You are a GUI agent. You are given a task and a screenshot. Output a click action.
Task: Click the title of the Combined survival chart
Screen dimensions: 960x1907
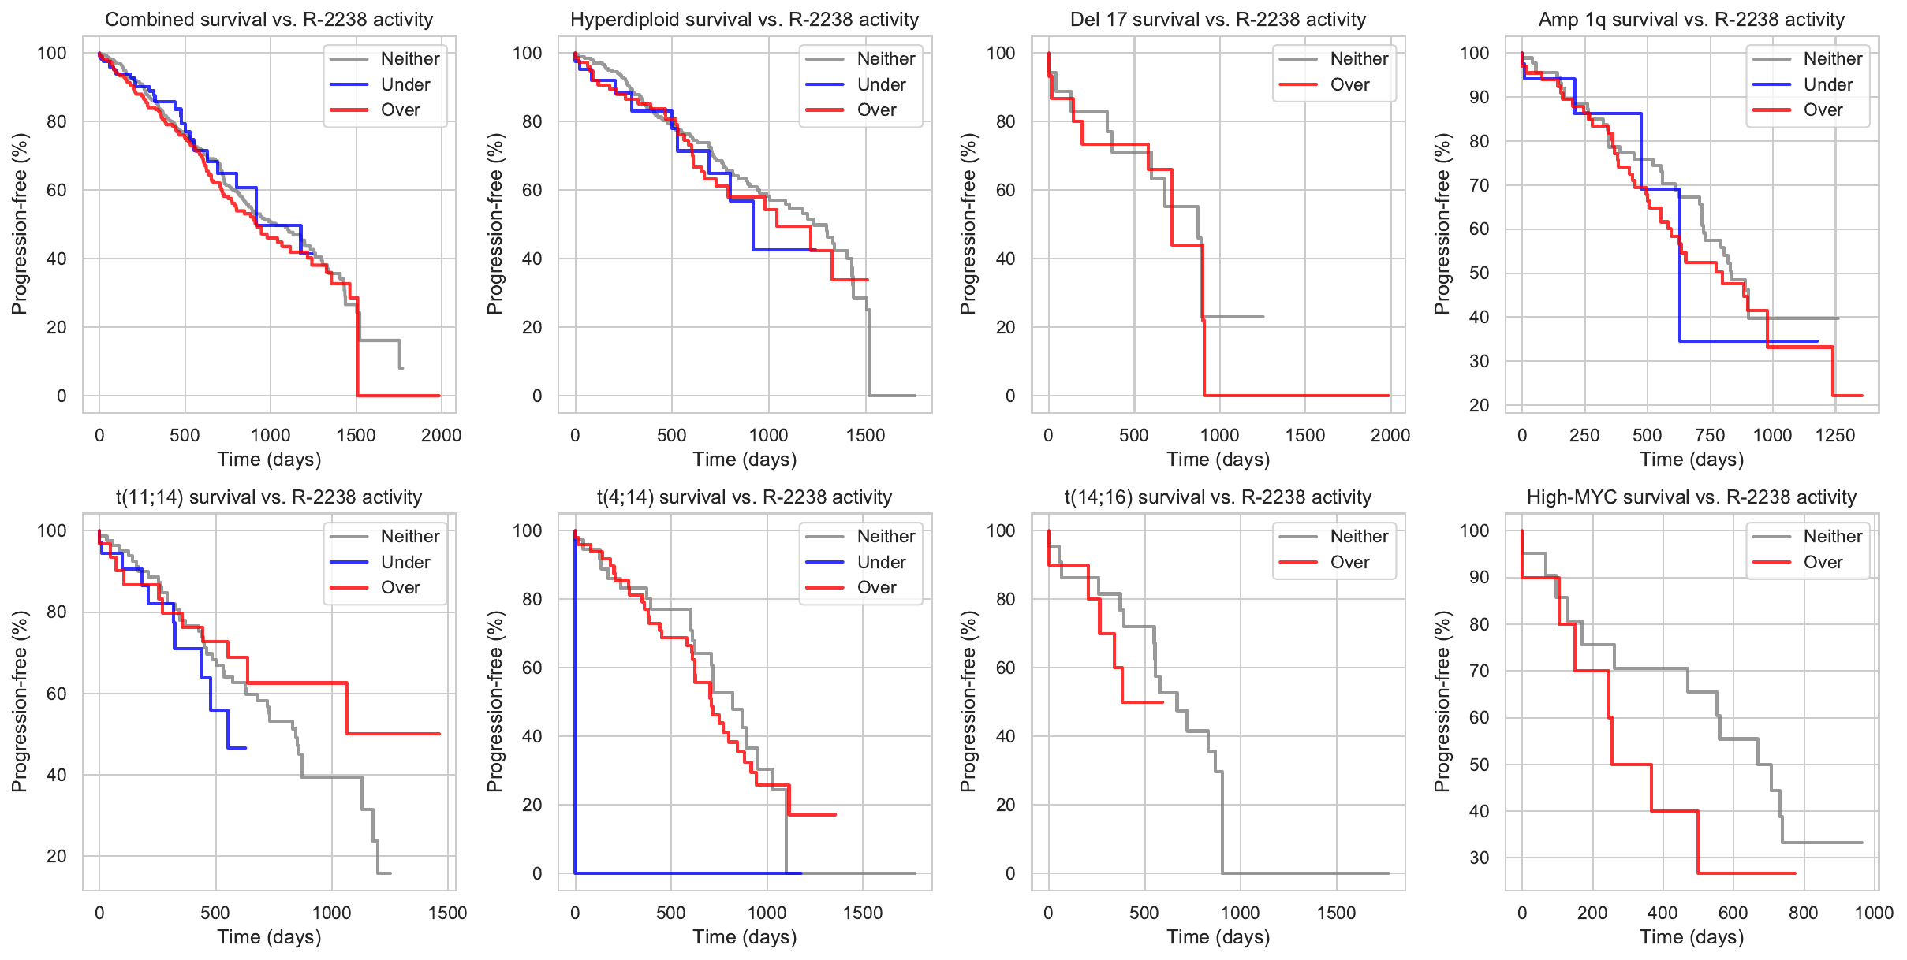269,20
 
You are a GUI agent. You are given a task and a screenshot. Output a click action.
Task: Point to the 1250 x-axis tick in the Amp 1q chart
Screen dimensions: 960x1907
1835,435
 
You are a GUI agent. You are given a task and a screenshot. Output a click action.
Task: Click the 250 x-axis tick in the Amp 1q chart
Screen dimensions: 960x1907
1584,435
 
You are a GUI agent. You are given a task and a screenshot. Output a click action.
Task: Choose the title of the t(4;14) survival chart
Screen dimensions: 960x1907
744,497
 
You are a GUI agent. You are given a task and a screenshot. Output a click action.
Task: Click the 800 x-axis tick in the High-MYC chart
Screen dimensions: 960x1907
1804,913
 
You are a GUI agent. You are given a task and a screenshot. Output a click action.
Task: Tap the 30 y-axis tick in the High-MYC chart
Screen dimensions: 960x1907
1479,858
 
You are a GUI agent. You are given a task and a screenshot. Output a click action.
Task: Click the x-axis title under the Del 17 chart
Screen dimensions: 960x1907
1218,460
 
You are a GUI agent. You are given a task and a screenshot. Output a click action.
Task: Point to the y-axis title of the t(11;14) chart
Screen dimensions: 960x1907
20,701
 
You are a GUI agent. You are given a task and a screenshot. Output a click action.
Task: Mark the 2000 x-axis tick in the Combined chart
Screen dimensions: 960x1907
441,435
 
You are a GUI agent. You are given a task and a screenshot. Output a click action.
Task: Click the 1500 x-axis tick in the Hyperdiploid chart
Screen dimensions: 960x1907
865,435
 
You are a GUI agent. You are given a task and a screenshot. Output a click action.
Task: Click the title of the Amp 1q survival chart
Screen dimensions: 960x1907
1692,20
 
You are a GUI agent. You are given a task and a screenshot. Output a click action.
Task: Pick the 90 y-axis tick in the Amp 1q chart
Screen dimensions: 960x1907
1479,98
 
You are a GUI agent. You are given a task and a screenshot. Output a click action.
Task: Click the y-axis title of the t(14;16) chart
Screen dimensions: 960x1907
968,701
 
